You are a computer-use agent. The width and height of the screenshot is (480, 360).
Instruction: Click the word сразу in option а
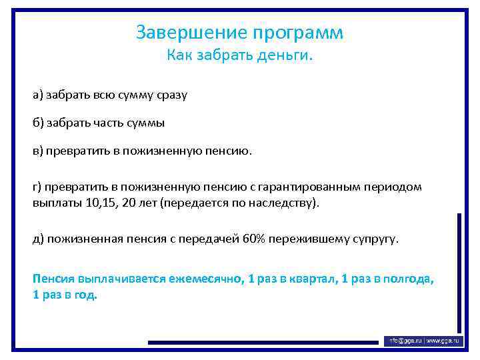172,95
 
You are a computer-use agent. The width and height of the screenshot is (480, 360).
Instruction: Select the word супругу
373,239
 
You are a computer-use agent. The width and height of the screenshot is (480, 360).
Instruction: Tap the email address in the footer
403,341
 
